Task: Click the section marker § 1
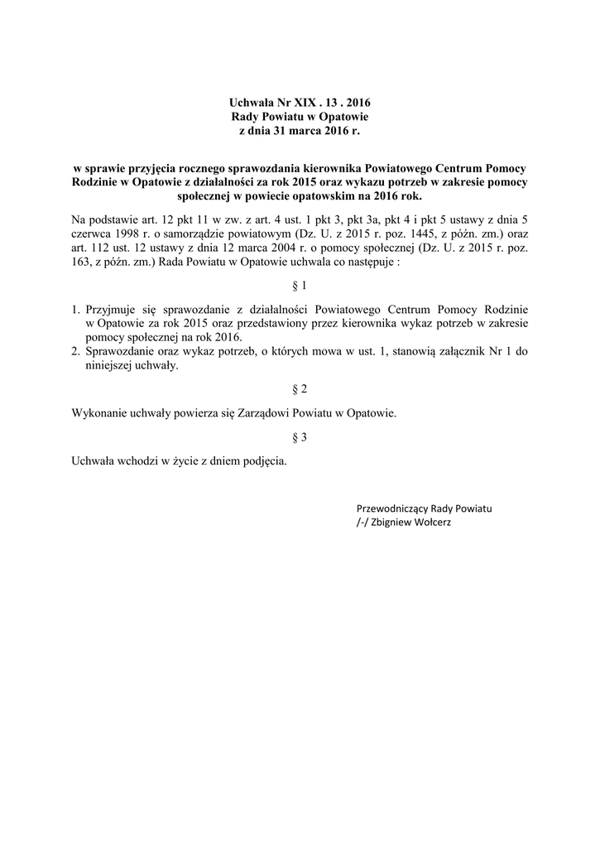point(300,286)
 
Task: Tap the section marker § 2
point(300,388)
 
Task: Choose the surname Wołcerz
point(431,523)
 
